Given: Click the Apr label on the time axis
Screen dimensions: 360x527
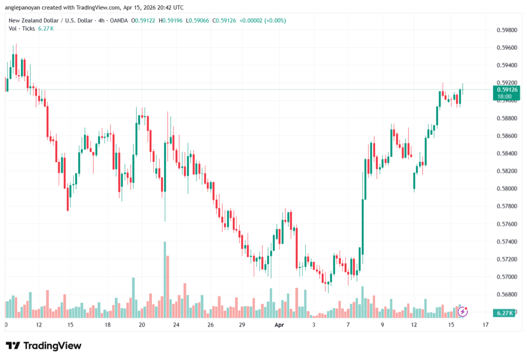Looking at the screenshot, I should point(279,325).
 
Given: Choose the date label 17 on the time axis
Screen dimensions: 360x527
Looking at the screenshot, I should point(485,325).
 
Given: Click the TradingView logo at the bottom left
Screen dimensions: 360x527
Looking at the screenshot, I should point(43,346).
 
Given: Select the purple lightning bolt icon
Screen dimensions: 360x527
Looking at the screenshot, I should point(463,311).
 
